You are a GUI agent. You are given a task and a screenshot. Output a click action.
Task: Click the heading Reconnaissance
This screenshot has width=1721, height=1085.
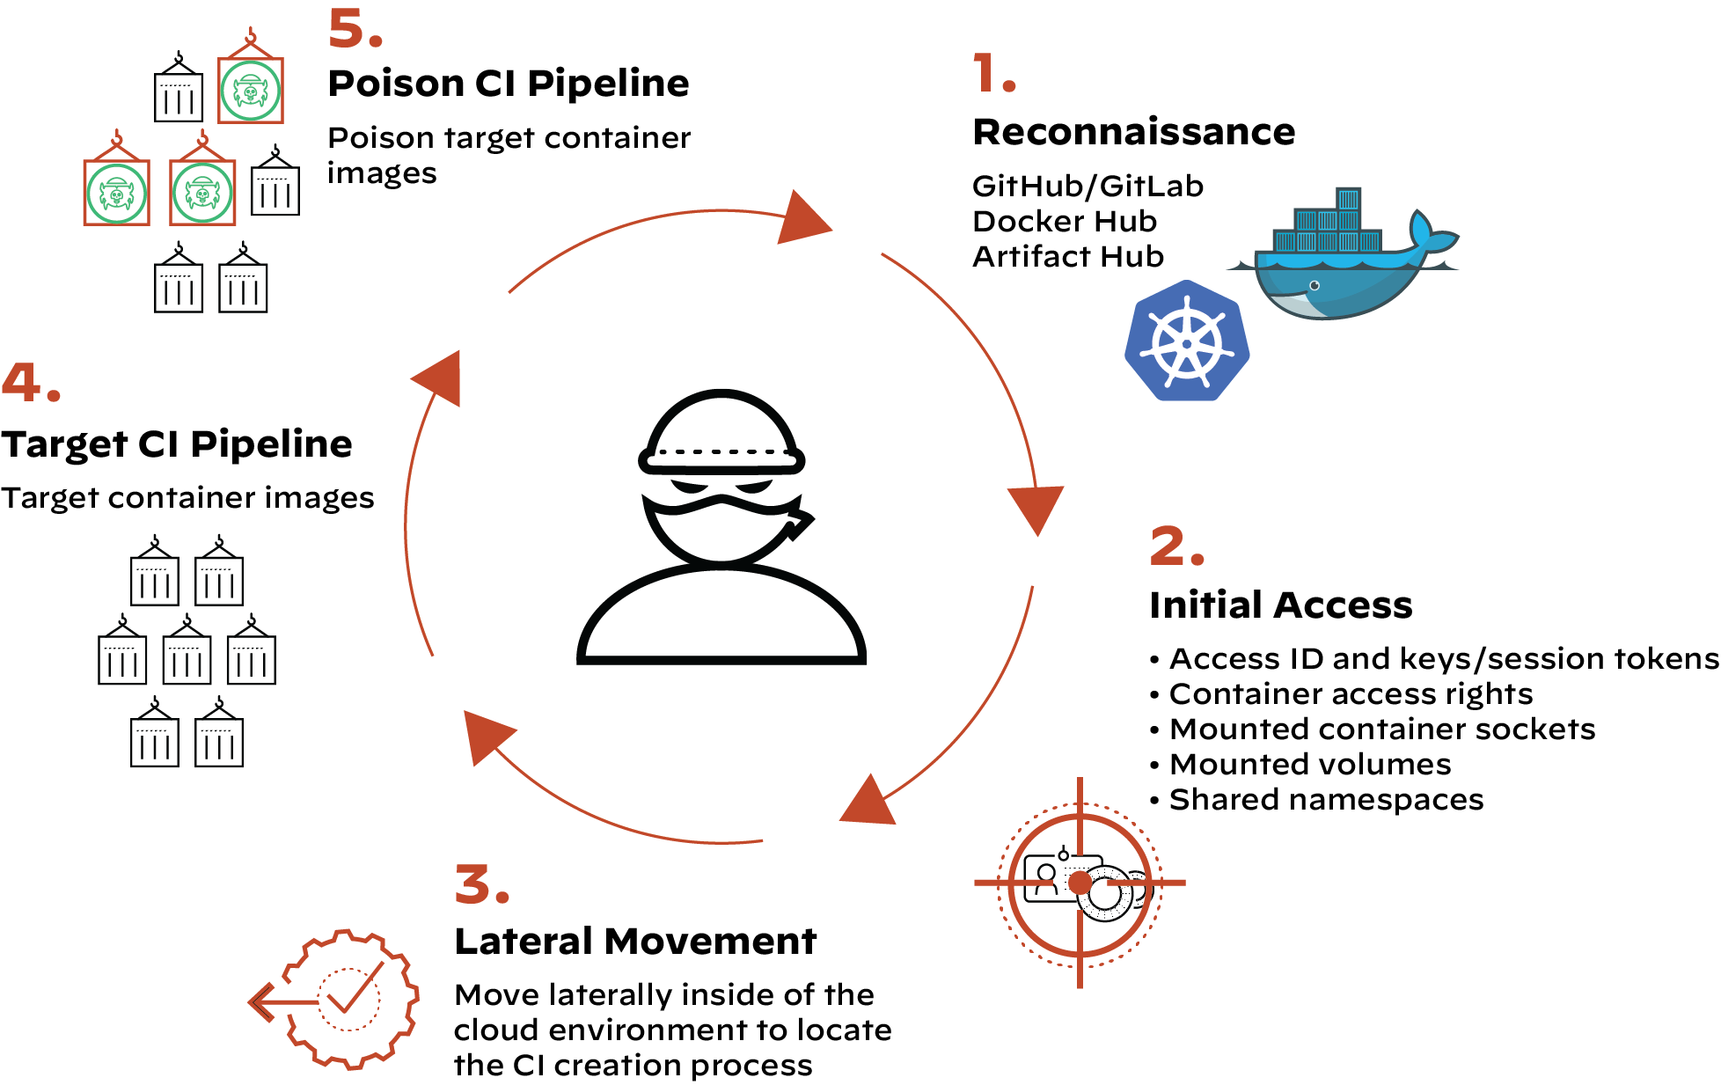coord(1133,133)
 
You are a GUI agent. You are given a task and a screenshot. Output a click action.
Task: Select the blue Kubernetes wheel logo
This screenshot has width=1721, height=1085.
coord(1187,341)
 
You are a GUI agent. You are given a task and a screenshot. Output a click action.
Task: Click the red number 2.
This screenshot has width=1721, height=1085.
coord(1175,546)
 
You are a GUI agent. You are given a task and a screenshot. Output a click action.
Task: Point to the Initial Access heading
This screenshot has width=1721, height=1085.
coord(1280,605)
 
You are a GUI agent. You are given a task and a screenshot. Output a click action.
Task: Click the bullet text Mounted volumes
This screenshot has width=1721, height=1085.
coord(1309,765)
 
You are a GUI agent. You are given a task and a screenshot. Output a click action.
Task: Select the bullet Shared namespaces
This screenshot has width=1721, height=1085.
coord(1325,800)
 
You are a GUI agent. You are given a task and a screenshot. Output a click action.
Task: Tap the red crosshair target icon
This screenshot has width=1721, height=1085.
coord(1080,883)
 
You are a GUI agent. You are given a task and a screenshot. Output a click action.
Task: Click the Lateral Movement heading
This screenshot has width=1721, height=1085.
coord(635,942)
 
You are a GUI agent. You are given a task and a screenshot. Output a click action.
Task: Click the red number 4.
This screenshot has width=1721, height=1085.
coord(31,383)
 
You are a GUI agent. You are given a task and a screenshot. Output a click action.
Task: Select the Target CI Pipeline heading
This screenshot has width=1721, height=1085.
coord(176,444)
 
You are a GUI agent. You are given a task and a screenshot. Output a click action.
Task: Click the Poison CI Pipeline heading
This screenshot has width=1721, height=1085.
coord(508,84)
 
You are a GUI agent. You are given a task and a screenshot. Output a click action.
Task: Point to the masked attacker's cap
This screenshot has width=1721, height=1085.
coord(721,431)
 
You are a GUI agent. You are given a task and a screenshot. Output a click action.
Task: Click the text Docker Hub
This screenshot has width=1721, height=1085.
coord(1065,222)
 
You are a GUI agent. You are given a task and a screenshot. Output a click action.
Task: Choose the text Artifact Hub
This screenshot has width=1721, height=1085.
coord(1068,257)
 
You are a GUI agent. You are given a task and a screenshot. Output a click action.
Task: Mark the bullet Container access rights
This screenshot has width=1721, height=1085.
coord(1350,694)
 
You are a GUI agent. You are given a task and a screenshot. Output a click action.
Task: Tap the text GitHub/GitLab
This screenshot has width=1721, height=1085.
coord(1088,187)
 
